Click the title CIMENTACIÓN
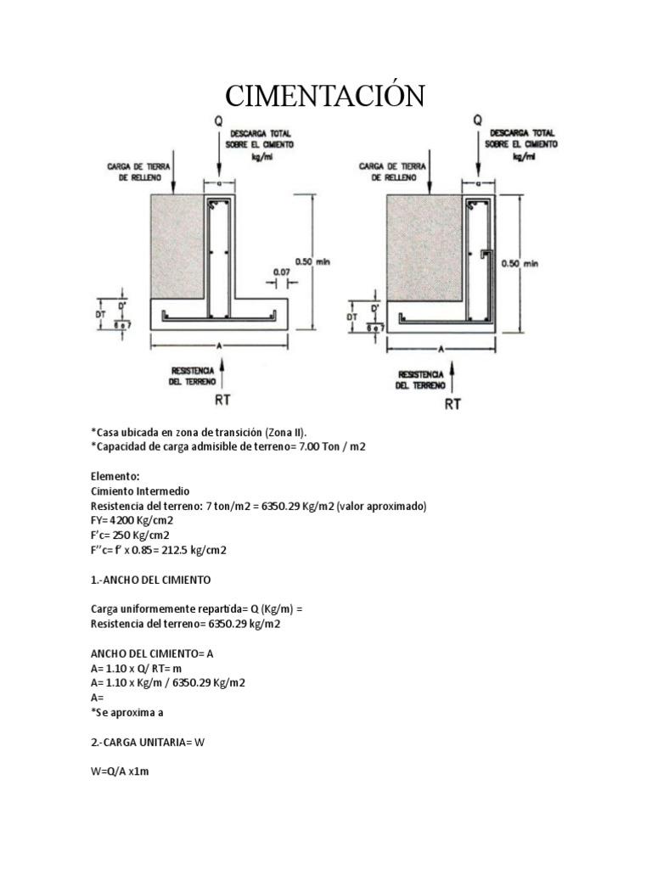tap(325, 96)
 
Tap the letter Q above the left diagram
tap(218, 122)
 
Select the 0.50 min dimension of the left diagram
tap(310, 261)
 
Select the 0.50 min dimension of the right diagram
tap(520, 263)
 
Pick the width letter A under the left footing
tap(218, 345)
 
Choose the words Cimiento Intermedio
tap(140, 491)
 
